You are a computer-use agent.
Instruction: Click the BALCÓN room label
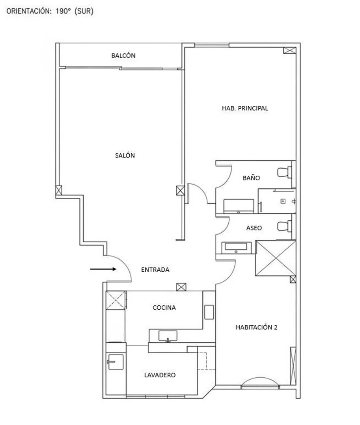click(x=123, y=56)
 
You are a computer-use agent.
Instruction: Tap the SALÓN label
click(x=125, y=155)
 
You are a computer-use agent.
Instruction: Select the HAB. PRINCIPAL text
click(x=245, y=108)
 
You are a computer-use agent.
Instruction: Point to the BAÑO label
click(x=251, y=178)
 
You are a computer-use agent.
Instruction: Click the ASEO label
click(x=254, y=228)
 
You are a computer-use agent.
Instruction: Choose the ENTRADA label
click(x=155, y=270)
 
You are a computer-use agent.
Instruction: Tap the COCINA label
click(x=164, y=308)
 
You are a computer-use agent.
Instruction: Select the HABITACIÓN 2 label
click(x=256, y=327)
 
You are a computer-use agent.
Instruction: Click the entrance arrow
click(x=103, y=269)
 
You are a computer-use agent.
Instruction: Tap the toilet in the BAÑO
click(x=284, y=172)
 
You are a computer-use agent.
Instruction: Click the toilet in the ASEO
click(x=284, y=226)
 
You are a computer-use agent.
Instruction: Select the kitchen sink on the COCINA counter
click(x=168, y=336)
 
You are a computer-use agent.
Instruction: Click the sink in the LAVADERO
click(x=116, y=362)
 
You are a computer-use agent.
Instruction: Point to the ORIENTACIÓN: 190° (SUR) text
click(x=50, y=11)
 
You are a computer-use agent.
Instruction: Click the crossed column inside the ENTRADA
click(x=181, y=287)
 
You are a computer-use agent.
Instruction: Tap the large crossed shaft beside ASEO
click(x=276, y=258)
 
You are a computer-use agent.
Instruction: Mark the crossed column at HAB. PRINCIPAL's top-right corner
click(x=289, y=50)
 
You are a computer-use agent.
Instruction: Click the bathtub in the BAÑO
click(x=239, y=206)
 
